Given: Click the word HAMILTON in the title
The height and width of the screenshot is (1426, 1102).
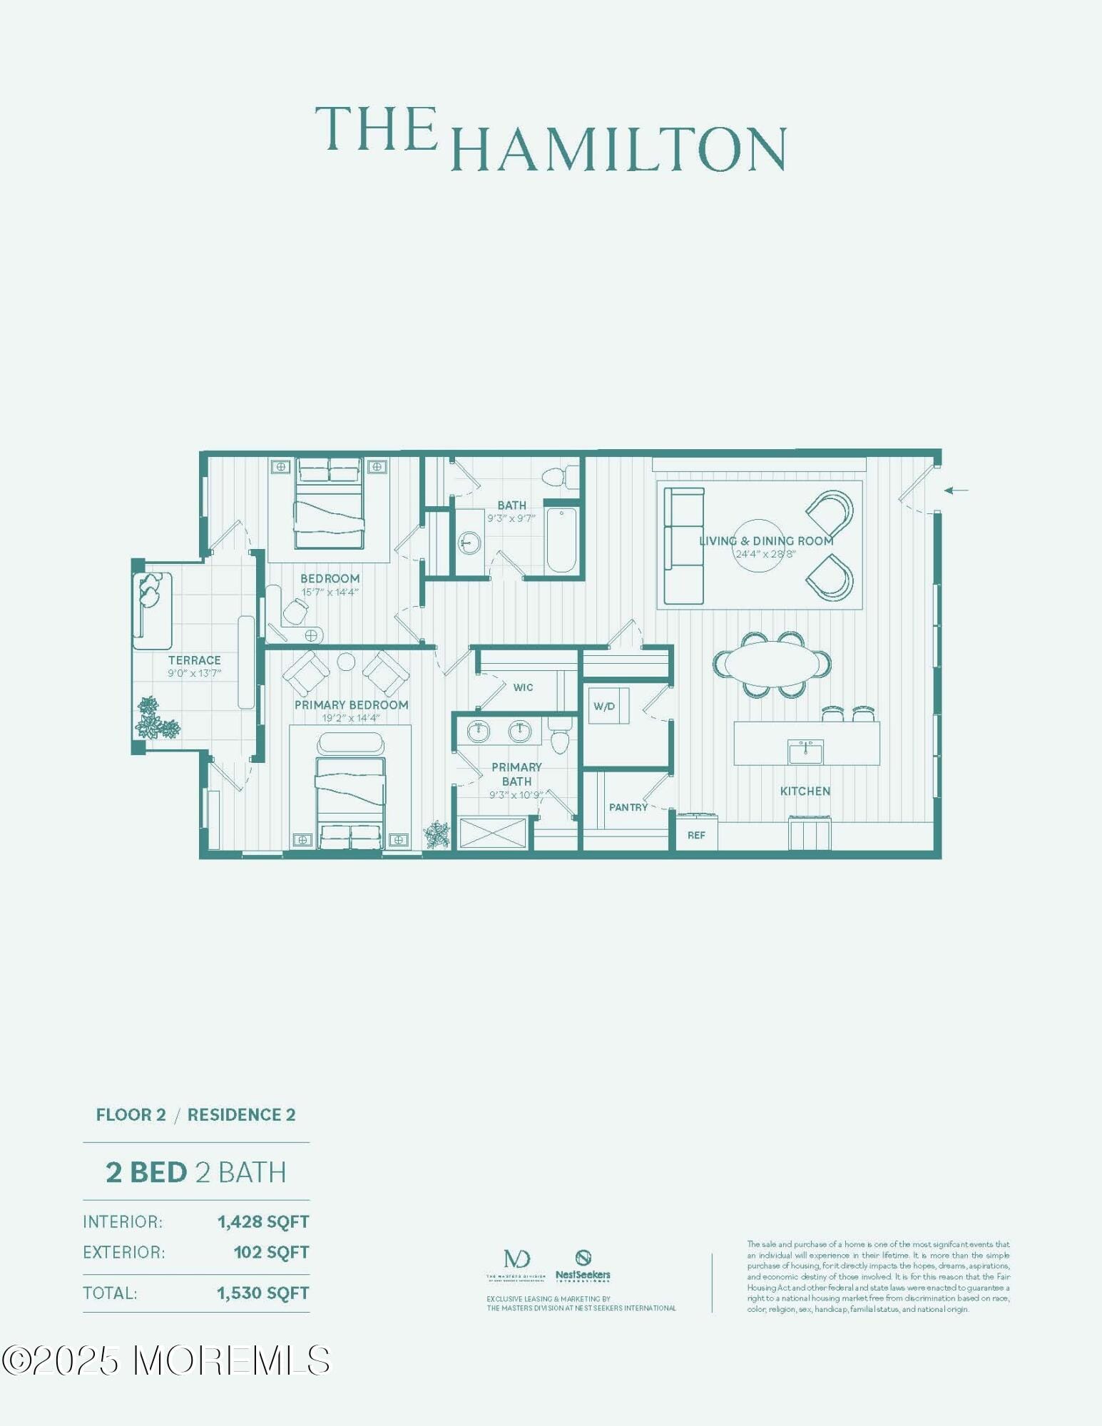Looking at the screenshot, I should pyautogui.click(x=619, y=150).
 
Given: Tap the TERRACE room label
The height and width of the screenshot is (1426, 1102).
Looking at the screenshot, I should pyautogui.click(x=194, y=660).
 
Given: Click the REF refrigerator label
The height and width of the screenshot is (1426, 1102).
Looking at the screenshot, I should pyautogui.click(x=696, y=835).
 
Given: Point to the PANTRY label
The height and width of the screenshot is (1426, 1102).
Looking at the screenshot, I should pyautogui.click(x=628, y=807).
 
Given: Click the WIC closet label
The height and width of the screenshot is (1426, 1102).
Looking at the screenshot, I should pyautogui.click(x=523, y=687).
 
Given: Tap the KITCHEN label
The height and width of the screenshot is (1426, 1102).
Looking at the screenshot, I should pyautogui.click(x=805, y=791).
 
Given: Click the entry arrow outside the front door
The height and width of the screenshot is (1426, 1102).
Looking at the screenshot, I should pyautogui.click(x=956, y=490).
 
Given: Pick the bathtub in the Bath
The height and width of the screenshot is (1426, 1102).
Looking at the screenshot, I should pyautogui.click(x=561, y=540).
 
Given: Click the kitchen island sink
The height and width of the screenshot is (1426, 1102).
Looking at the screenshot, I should pyautogui.click(x=805, y=752).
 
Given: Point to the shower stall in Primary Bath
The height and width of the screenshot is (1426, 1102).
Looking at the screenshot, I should pyautogui.click(x=492, y=833).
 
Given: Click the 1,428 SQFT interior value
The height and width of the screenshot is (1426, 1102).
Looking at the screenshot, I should pyautogui.click(x=263, y=1221).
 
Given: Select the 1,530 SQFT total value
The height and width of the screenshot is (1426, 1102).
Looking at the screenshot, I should pyautogui.click(x=263, y=1293).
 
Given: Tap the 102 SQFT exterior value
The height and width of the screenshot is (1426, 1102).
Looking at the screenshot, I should pyautogui.click(x=271, y=1252).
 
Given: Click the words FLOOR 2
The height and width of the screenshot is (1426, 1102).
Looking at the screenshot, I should pyautogui.click(x=131, y=1114).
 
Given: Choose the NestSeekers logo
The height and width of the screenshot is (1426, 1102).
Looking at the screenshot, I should pyautogui.click(x=583, y=1266).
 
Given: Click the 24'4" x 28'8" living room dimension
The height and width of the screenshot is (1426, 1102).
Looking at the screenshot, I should pyautogui.click(x=765, y=554).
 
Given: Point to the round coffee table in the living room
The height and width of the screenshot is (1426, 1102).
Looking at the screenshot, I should pyautogui.click(x=759, y=545).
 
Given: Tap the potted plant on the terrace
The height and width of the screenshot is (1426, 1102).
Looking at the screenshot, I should pyautogui.click(x=155, y=719).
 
